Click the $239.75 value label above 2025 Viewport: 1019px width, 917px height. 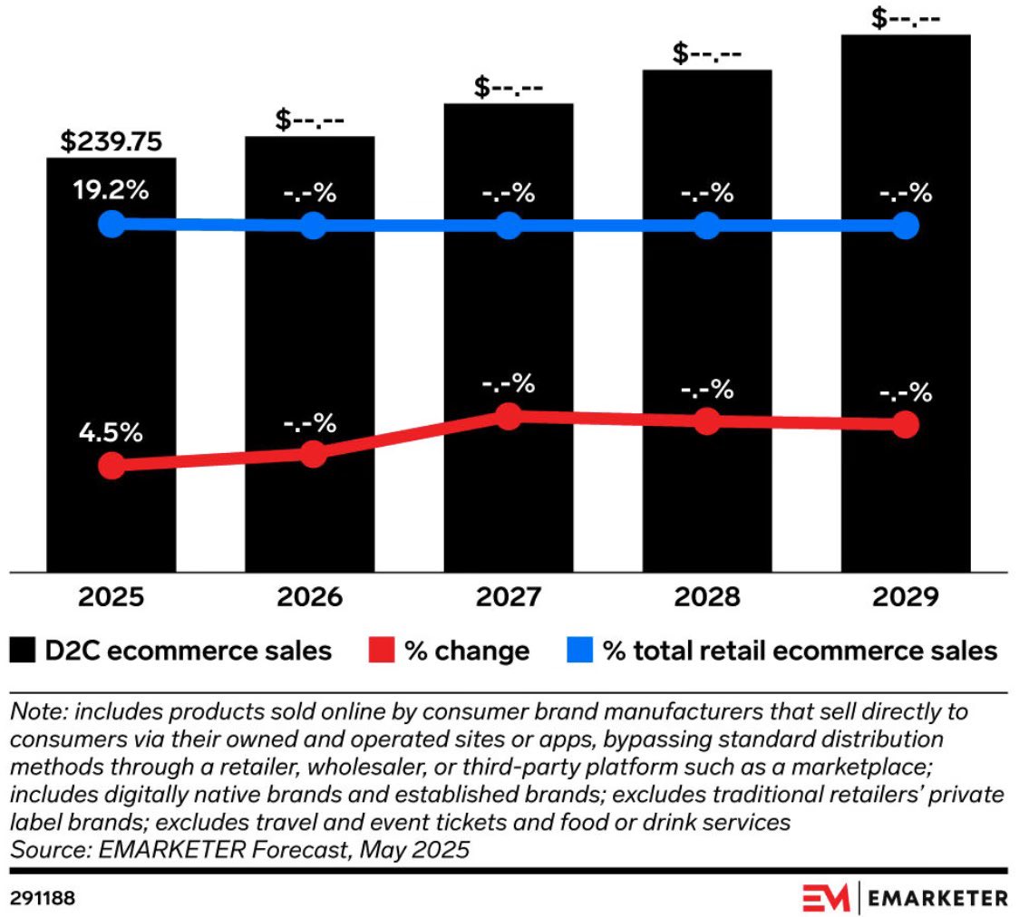click(111, 142)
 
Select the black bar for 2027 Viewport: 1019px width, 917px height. click(509, 507)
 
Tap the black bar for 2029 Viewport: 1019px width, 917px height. click(905, 507)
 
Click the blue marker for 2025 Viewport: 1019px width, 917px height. click(111, 224)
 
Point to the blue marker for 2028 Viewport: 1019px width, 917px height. click(707, 226)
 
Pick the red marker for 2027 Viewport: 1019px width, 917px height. click(509, 416)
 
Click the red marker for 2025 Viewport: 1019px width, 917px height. click(111, 466)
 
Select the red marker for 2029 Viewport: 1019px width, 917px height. click(905, 424)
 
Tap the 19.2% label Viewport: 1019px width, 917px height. click(111, 192)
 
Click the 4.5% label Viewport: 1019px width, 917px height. click(111, 432)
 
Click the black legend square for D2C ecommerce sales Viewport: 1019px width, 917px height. click(24, 650)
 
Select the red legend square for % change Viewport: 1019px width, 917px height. click(383, 650)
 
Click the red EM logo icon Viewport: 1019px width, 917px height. click(825, 897)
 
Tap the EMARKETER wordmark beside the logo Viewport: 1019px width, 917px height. click(938, 898)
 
